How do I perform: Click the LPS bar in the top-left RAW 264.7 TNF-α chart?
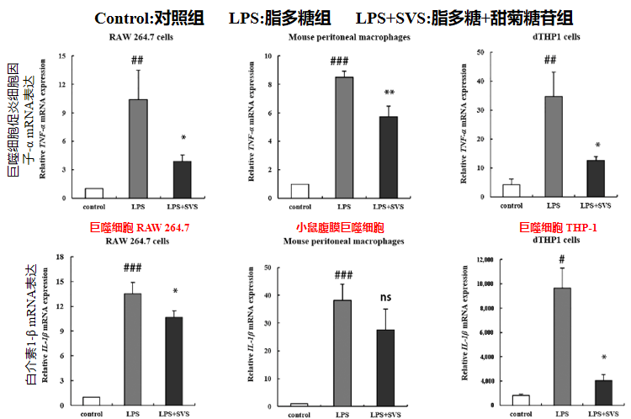pos(138,149)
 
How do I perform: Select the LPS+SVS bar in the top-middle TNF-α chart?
pos(389,157)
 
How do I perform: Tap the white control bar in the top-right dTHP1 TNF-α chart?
pos(511,191)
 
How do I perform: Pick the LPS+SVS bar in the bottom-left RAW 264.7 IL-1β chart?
pos(174,361)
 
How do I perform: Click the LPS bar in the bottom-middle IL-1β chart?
pos(342,353)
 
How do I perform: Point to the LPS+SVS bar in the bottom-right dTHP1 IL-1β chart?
pos(603,393)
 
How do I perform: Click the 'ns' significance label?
pos(385,298)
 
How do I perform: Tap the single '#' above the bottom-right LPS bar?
pos(562,259)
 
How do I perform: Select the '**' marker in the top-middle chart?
pos(390,93)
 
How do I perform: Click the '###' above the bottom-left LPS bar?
pos(132,268)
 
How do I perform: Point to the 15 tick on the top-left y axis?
pos(62,56)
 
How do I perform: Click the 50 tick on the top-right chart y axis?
pos(480,52)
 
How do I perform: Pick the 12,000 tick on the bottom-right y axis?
pos(485,260)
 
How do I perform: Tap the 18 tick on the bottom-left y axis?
pos(60,257)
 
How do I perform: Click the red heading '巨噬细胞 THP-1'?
pos(558,228)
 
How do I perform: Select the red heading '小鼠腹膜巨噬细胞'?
pos(341,228)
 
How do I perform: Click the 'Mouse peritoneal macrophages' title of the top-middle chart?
pos(349,37)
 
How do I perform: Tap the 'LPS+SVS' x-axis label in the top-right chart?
pos(596,205)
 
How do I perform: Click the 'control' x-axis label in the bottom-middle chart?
pos(299,415)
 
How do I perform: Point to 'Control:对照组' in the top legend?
pos(149,19)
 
